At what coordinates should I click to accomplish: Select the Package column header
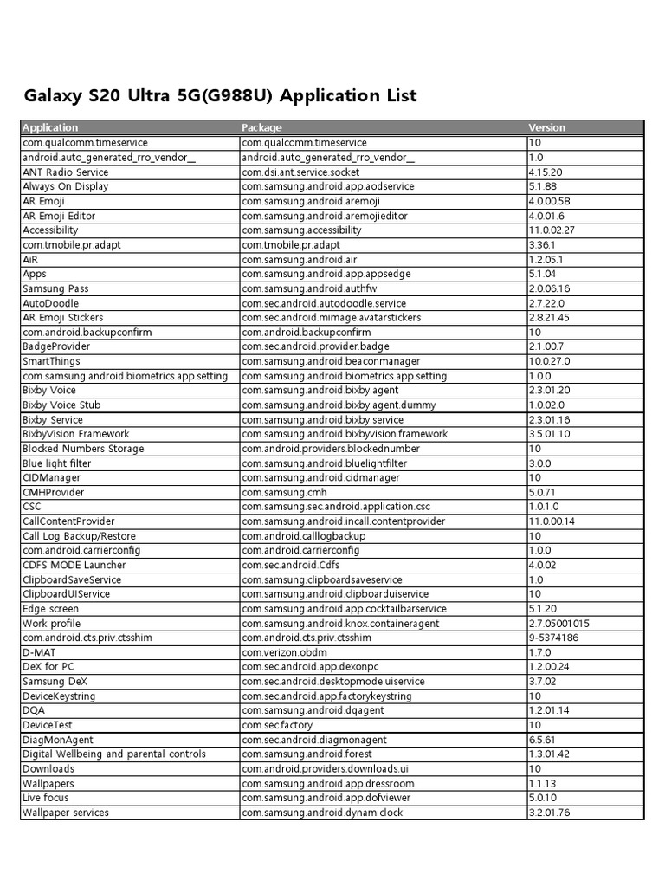coord(261,127)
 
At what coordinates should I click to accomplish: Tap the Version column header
coord(546,127)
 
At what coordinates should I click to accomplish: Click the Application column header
coord(50,127)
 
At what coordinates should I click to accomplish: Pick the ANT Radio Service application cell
coord(66,172)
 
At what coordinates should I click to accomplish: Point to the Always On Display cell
coord(66,186)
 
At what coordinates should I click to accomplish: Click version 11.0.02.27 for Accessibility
coord(552,230)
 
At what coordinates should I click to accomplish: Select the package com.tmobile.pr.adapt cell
coord(291,244)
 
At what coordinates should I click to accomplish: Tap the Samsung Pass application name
coord(55,288)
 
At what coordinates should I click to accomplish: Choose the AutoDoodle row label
coord(50,303)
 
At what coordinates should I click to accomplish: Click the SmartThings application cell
coord(52,361)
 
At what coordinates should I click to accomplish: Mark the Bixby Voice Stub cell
coord(61,405)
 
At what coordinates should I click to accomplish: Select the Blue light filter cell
coord(57,463)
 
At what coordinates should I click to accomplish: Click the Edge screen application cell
coord(50,609)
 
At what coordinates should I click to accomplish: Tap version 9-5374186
coord(553,638)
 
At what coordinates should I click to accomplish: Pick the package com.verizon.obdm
coord(285,652)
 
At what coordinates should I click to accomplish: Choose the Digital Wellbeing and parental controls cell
coord(114,754)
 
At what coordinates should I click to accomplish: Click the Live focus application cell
coord(46,798)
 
